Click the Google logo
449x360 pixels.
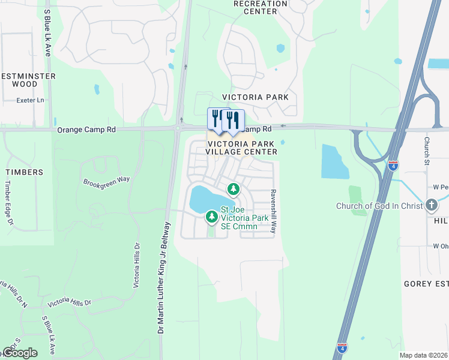(x=20, y=353)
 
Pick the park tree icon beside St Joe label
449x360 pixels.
(x=211, y=216)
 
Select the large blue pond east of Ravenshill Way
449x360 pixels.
(x=334, y=161)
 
